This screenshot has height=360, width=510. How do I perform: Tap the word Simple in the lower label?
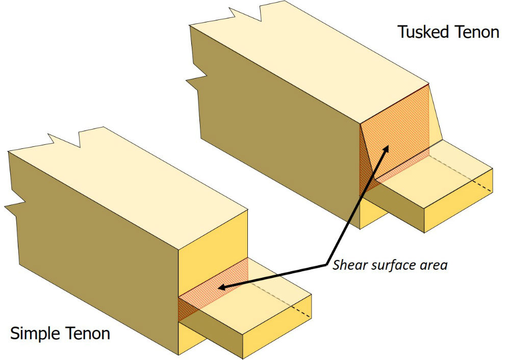36,334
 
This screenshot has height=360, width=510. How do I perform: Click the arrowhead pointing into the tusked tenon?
387,149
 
